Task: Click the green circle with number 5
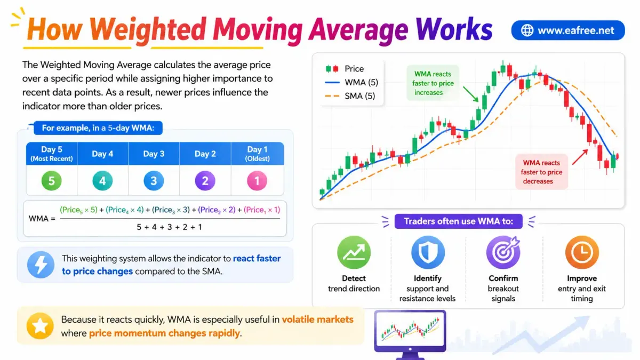(x=51, y=181)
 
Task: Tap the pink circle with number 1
(x=257, y=181)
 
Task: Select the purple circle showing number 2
(x=205, y=181)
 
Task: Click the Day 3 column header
(x=154, y=154)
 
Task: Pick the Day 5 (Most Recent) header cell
(x=52, y=154)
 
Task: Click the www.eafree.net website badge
(x=568, y=30)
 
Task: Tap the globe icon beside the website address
(x=527, y=30)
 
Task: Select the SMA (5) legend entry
(x=350, y=96)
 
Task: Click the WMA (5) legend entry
(x=351, y=83)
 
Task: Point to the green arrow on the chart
(x=470, y=94)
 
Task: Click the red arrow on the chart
(x=580, y=157)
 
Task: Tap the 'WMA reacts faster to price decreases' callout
(x=541, y=172)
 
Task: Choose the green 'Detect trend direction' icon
(x=354, y=252)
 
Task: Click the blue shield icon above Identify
(x=428, y=252)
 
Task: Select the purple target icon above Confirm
(x=503, y=252)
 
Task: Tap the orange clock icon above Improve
(x=582, y=252)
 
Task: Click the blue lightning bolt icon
(x=41, y=265)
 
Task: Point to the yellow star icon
(x=40, y=326)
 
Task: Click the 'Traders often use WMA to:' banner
(x=458, y=221)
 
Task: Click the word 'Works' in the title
(x=454, y=29)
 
